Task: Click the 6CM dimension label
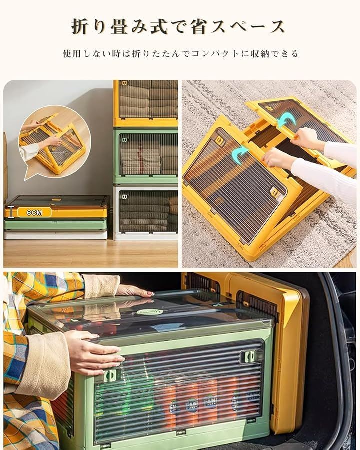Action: (34, 212)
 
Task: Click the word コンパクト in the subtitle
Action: (211, 53)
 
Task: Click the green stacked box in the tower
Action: (146, 156)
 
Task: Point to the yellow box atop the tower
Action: (146, 103)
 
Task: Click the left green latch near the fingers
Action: (111, 375)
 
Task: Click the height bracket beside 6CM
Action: (11, 212)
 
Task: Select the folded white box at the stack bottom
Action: (55, 235)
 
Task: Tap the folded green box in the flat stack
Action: (55, 224)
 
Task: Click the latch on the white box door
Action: (125, 197)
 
